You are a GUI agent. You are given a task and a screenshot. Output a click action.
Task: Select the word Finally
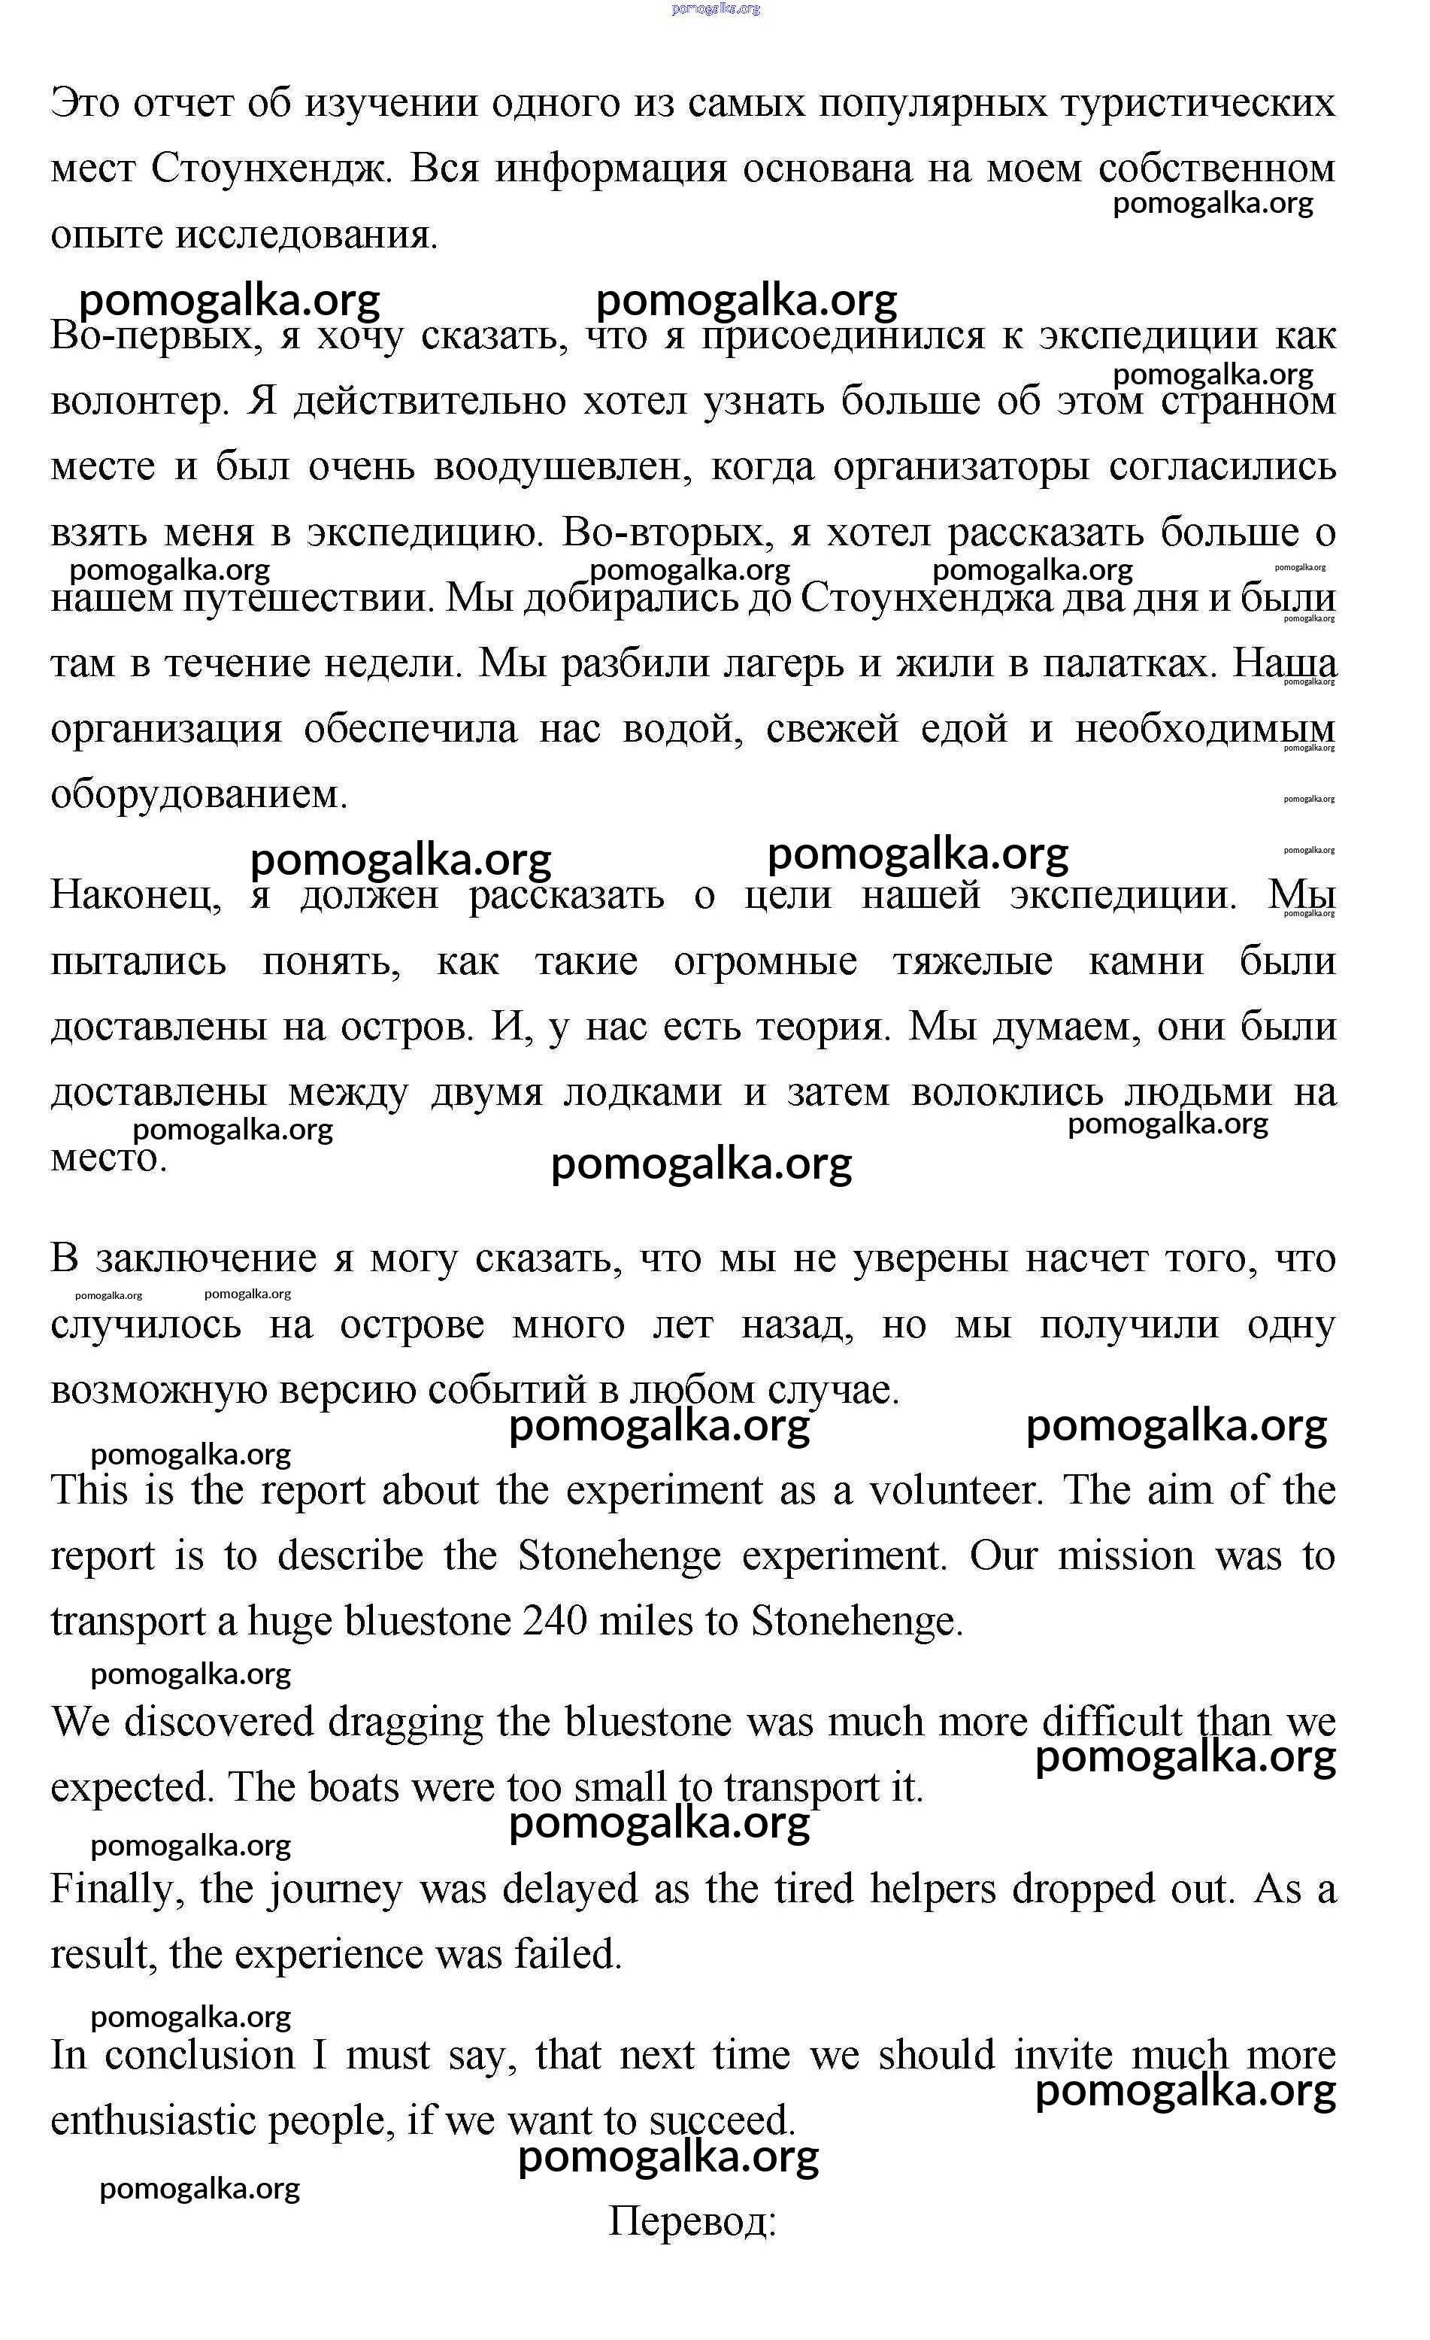[117, 1889]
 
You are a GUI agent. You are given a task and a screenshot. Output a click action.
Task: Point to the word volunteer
[956, 1490]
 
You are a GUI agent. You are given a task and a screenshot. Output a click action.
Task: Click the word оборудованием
[198, 795]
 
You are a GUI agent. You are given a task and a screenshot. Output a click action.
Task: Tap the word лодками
[642, 1092]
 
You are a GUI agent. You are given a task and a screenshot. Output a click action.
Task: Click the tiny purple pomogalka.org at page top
[716, 8]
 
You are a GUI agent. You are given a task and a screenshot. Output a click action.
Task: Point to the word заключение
[206, 1259]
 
